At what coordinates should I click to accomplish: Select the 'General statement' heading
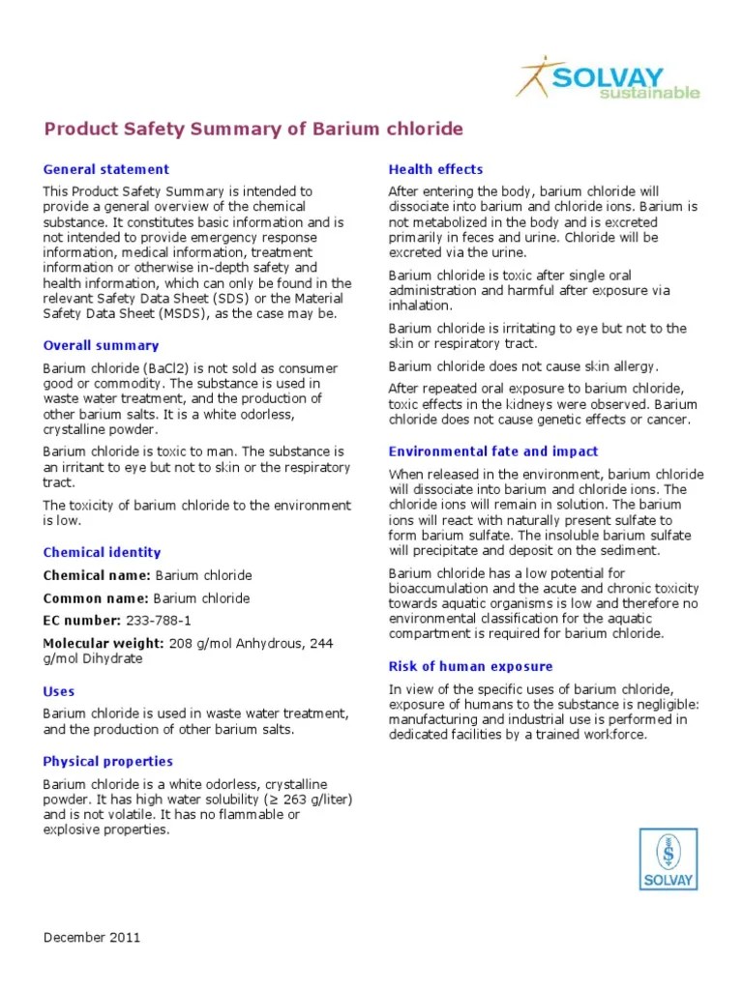pos(105,169)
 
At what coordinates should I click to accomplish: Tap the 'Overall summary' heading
pos(101,345)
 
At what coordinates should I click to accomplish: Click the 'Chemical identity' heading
pos(102,552)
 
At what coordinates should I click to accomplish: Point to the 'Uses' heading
pos(59,691)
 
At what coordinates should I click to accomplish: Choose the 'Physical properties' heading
pos(107,761)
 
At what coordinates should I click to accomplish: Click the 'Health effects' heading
pos(435,169)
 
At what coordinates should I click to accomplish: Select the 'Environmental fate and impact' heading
pos(493,451)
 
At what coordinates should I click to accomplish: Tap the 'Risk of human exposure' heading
pos(470,666)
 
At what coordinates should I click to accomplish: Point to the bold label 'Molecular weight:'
pos(104,643)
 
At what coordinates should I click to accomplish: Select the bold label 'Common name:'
pos(96,598)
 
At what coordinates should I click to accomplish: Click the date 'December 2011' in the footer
pos(92,937)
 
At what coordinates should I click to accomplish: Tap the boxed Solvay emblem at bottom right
pos(668,859)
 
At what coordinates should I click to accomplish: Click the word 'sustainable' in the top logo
pos(648,93)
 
